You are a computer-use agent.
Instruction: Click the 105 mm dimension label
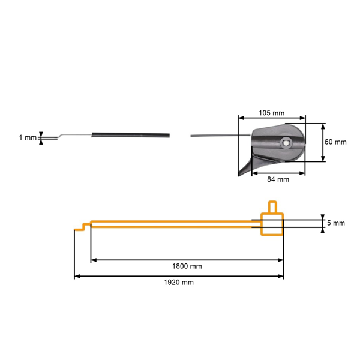[x=271, y=113]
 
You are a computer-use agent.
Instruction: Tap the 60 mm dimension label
[x=336, y=142]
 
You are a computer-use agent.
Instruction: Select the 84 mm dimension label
[x=278, y=179]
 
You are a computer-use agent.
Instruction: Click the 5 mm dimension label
[x=336, y=223]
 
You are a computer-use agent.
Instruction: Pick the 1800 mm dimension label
[x=187, y=266]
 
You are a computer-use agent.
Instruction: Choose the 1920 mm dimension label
[x=179, y=282]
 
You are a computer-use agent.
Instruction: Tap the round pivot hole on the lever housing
[x=286, y=143]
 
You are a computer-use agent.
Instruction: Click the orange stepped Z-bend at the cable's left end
[x=83, y=227]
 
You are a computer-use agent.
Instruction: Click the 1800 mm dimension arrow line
[x=187, y=260]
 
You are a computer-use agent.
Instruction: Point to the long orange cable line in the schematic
[x=174, y=223]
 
